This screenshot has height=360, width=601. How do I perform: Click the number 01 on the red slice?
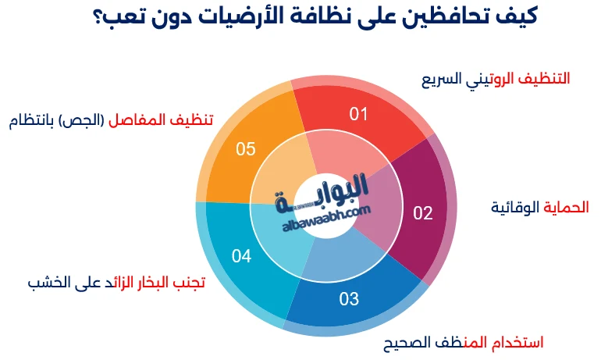click(x=358, y=115)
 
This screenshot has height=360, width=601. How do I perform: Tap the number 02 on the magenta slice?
click(x=422, y=213)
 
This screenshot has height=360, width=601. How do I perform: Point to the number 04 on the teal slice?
click(x=241, y=255)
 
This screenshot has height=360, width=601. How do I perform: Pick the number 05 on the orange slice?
click(x=246, y=148)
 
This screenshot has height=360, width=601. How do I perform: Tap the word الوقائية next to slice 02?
click(x=514, y=207)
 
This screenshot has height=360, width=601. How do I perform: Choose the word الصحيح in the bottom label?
click(x=410, y=342)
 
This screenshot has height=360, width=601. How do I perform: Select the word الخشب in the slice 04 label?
click(x=44, y=282)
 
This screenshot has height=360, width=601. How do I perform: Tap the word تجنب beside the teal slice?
click(x=187, y=282)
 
